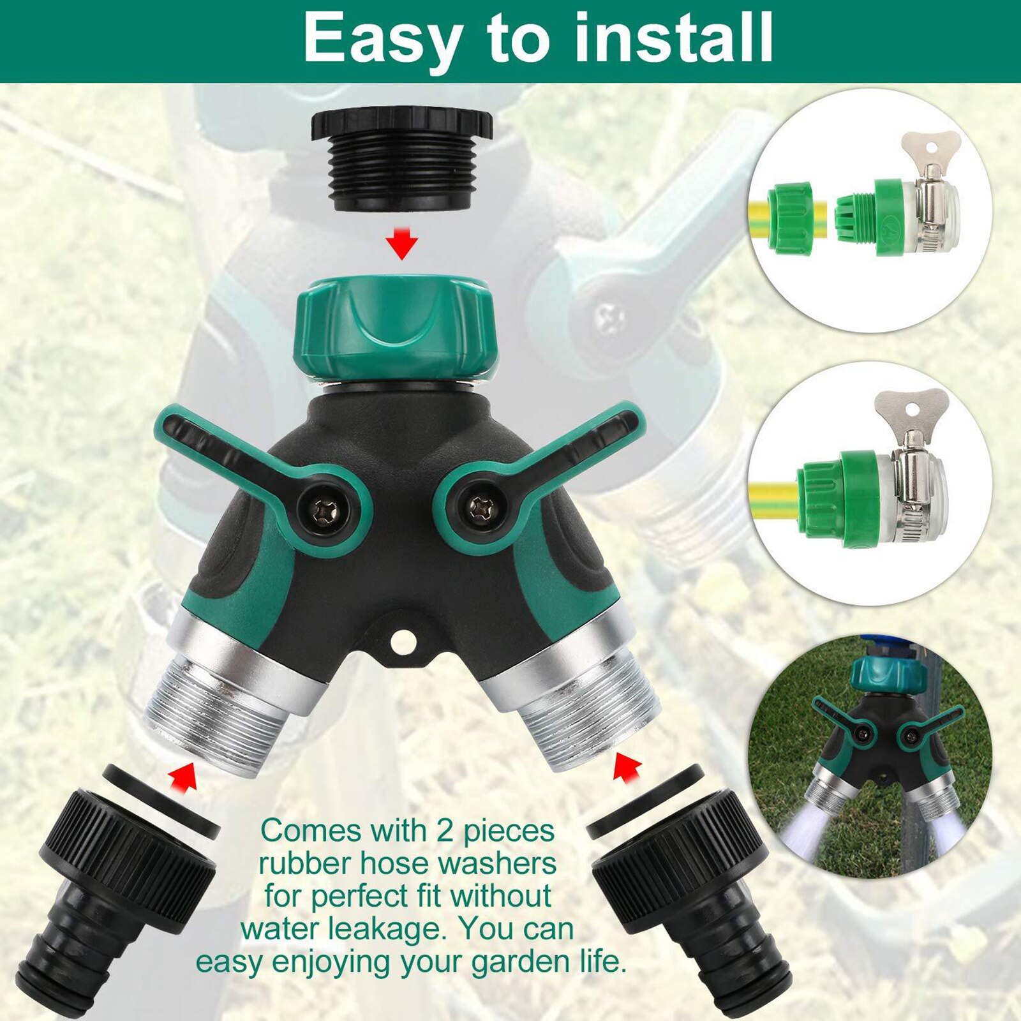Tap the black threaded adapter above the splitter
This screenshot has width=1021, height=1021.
[x=401, y=163]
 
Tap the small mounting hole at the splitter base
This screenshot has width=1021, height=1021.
[x=403, y=641]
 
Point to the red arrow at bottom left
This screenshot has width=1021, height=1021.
[x=183, y=775]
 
